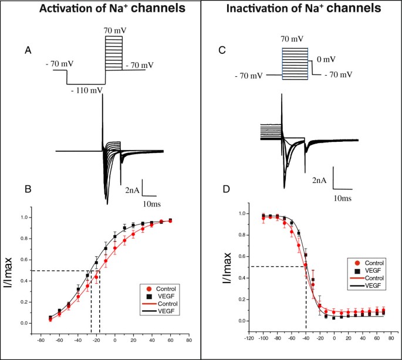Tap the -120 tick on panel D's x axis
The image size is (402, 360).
250,338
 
